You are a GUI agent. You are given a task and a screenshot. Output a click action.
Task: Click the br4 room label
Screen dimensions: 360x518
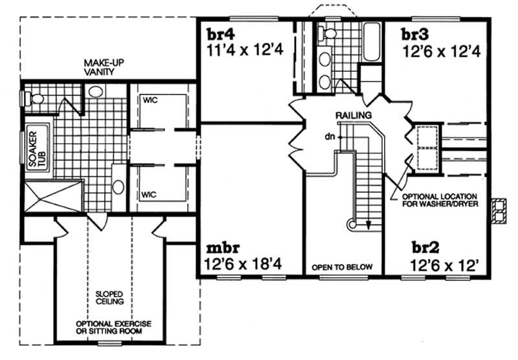(x=221, y=34)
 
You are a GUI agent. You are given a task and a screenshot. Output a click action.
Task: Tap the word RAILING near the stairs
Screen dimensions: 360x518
(x=353, y=115)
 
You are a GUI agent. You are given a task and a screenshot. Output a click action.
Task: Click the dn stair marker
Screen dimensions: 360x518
(x=330, y=136)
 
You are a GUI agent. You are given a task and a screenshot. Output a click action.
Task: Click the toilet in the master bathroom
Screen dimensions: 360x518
(x=33, y=98)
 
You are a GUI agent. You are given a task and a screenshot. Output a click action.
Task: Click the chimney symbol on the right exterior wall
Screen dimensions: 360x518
(x=499, y=209)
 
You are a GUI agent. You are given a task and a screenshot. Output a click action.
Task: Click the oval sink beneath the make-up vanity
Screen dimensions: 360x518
(x=96, y=91)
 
